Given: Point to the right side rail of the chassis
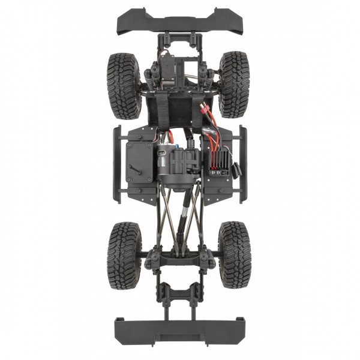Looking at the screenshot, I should click(242, 164).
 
